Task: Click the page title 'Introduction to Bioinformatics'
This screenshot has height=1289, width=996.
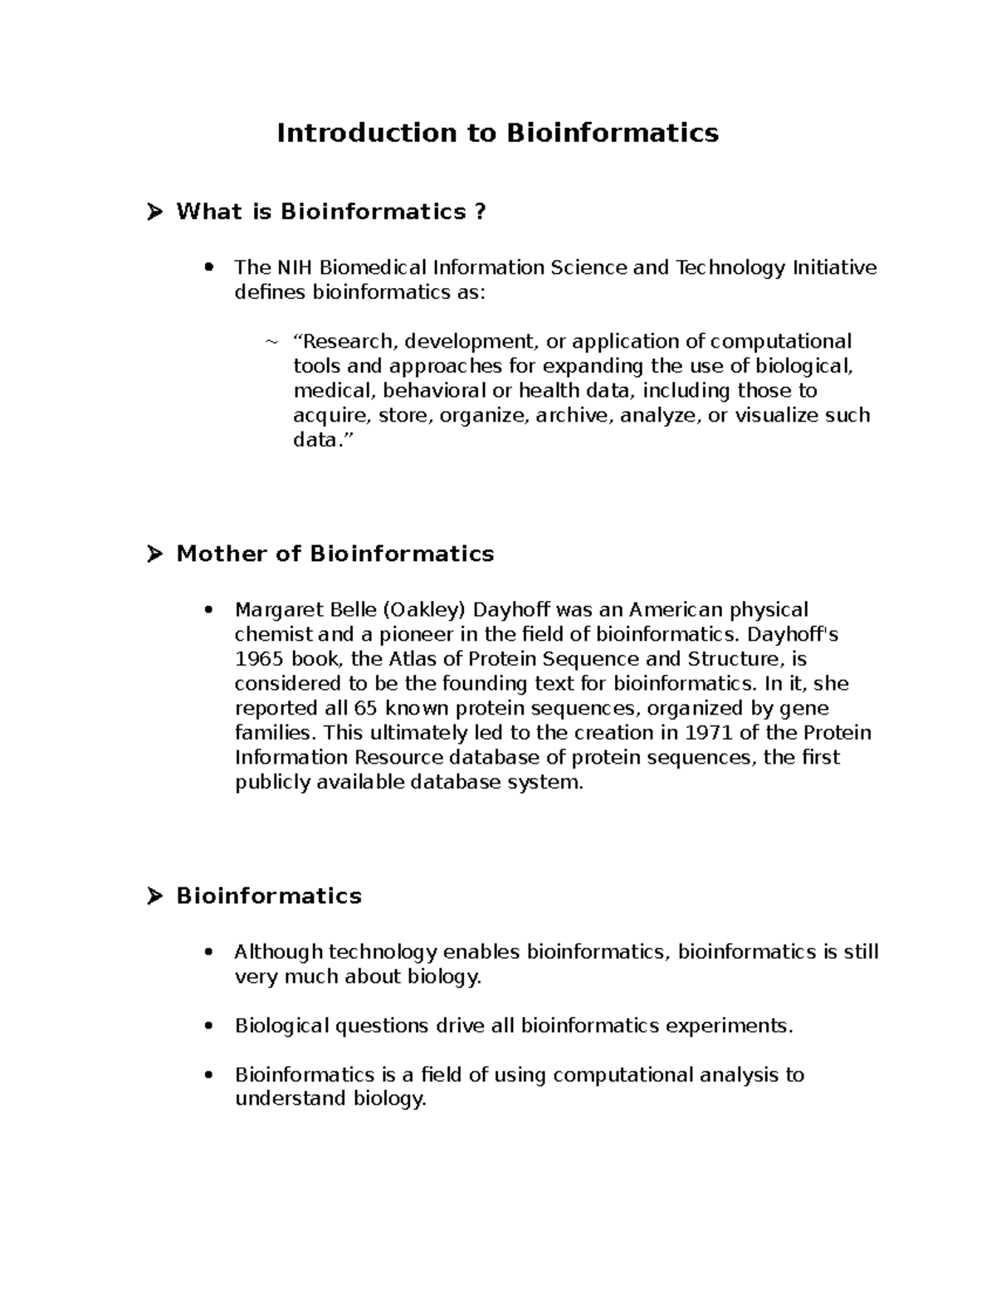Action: tap(497, 133)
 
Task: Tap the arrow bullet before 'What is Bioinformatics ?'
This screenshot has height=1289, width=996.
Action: tap(154, 212)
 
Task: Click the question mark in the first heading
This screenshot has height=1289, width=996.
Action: tap(479, 212)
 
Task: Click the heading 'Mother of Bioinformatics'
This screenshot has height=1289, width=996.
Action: tap(334, 554)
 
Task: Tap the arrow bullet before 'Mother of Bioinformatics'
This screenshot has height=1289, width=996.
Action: tap(154, 554)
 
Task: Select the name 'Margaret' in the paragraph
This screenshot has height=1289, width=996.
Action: tap(276, 610)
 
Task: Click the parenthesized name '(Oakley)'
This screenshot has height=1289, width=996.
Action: tap(424, 610)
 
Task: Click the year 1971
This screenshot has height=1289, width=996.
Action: tap(709, 733)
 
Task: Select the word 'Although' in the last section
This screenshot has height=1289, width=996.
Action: tap(278, 952)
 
